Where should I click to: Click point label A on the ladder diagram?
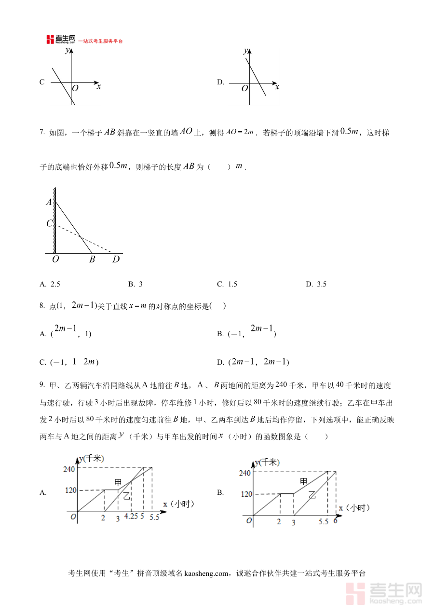pos(49,202)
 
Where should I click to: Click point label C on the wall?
pos(49,223)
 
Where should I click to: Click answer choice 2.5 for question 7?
pos(55,284)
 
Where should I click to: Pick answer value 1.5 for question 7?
pos(232,284)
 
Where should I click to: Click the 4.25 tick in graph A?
pos(131,517)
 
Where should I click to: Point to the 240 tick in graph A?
pos(70,468)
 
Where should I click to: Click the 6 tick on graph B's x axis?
pos(335,521)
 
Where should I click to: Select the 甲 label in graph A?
pos(118,482)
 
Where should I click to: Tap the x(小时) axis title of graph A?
pos(178,504)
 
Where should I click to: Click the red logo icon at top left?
pos(50,40)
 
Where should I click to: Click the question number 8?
pos(41,306)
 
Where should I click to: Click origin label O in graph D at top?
pos(244,88)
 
